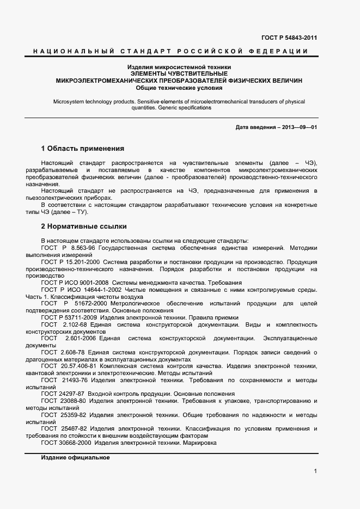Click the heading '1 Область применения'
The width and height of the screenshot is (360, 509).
point(83,149)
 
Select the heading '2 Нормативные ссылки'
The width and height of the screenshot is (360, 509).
point(84,225)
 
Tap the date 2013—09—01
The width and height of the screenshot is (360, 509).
point(300,127)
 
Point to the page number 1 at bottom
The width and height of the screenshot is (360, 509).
point(315,471)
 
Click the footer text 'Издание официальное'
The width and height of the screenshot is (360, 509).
point(75,458)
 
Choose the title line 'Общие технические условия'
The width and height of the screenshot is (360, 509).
point(179,87)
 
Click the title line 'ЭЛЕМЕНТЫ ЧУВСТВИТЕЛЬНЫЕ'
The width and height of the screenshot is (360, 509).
point(179,73)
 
